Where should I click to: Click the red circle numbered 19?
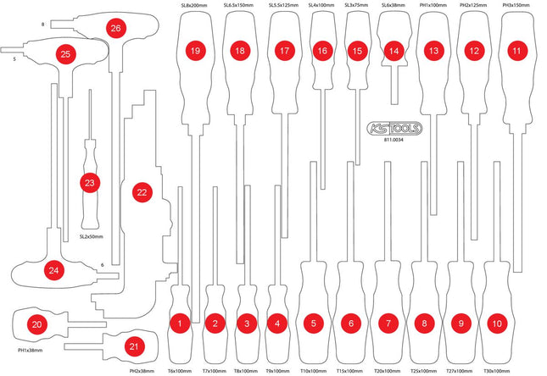pyautogui.click(x=196, y=52)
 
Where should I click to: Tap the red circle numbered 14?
pyautogui.click(x=392, y=52)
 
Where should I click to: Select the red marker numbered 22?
pyautogui.click(x=142, y=193)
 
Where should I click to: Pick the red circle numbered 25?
pyautogui.click(x=65, y=53)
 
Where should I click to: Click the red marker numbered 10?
pyautogui.click(x=496, y=323)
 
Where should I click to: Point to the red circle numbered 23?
pyautogui.click(x=89, y=182)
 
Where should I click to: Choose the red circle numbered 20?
pyautogui.click(x=36, y=323)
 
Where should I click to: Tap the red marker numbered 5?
pyautogui.click(x=313, y=323)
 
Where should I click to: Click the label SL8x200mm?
pyautogui.click(x=195, y=7)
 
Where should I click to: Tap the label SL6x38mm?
pyautogui.click(x=392, y=7)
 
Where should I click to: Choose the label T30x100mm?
pyautogui.click(x=496, y=371)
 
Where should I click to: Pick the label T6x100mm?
pyautogui.click(x=180, y=371)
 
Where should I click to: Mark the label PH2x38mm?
pyautogui.click(x=142, y=371)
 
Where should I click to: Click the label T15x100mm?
pyautogui.click(x=349, y=371)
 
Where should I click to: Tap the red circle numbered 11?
pyautogui.click(x=515, y=52)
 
